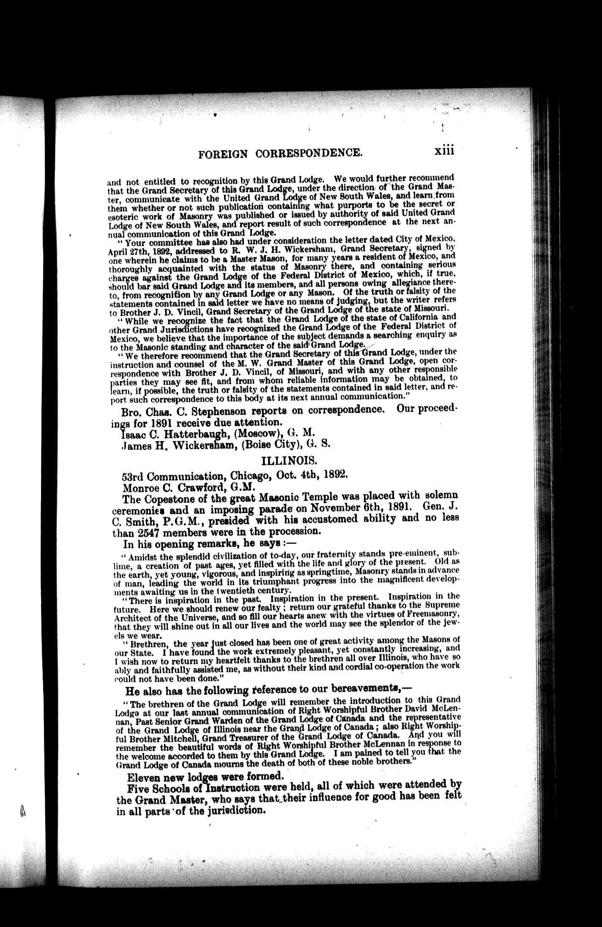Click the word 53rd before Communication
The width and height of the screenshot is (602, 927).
[133, 474]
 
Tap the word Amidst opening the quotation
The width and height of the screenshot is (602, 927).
[143, 555]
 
